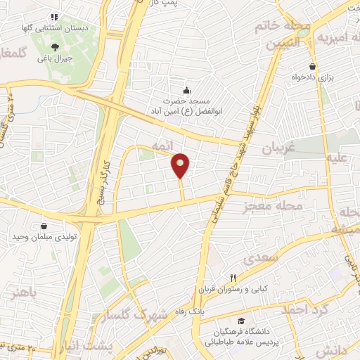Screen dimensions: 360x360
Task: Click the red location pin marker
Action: click(181, 165)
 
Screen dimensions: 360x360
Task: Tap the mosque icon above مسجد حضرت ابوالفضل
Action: click(186, 90)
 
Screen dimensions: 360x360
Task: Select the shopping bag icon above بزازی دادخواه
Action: click(311, 66)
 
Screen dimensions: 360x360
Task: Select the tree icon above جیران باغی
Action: click(56, 46)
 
